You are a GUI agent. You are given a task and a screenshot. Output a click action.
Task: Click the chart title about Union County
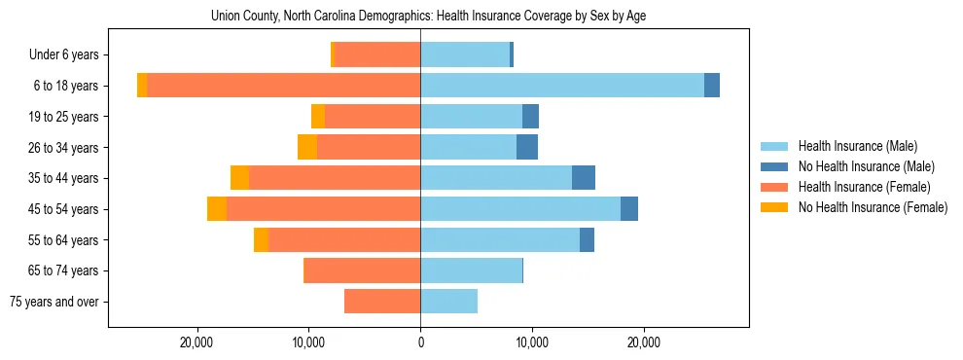tap(428, 16)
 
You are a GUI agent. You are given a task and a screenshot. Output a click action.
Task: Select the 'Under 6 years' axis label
tap(69, 55)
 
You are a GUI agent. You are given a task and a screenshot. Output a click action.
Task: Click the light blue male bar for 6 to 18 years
tap(562, 86)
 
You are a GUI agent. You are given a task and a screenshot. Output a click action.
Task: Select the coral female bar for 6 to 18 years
tap(283, 86)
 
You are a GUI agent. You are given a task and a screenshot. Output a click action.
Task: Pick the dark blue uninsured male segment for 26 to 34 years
tap(527, 147)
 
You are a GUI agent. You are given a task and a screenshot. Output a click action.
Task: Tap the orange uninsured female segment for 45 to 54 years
tap(217, 209)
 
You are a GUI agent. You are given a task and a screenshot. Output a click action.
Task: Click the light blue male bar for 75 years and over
tap(448, 302)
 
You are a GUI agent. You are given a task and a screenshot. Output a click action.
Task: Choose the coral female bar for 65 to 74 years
tap(362, 270)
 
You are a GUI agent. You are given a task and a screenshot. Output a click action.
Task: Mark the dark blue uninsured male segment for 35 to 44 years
tap(584, 178)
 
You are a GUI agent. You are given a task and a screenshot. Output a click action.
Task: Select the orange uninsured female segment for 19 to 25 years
tap(318, 117)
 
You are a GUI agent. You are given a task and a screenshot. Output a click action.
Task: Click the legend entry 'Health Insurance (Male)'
tap(857, 146)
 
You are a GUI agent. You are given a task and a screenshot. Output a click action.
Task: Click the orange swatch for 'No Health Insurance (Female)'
tap(775, 207)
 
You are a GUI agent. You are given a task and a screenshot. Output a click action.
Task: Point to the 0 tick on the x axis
tap(420, 342)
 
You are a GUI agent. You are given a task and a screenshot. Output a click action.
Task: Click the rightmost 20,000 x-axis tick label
tap(644, 342)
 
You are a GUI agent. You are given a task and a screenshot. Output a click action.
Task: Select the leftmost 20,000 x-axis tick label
tap(197, 342)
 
